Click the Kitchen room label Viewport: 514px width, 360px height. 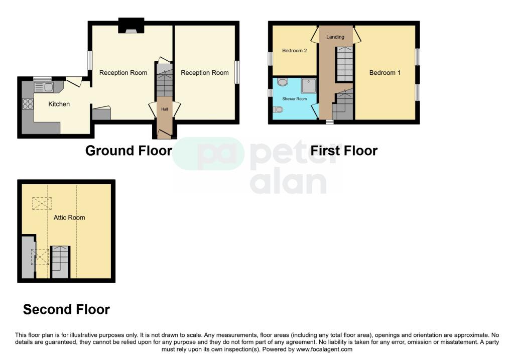coord(59,104)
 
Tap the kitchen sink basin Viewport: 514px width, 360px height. coord(48,87)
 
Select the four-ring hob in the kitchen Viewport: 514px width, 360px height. coord(28,104)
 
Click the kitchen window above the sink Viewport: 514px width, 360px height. coord(42,78)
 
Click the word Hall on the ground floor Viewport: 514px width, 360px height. coord(164,109)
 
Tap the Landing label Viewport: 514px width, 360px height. coord(335,37)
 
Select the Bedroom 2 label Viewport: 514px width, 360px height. coord(294,50)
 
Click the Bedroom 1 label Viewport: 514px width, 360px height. coord(384,73)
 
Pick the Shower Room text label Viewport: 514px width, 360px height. coord(294,99)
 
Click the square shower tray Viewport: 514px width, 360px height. coord(308,86)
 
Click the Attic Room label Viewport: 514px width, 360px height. coord(69,217)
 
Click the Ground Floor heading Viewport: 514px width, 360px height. coord(128,150)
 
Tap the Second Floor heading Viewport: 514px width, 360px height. coord(66,309)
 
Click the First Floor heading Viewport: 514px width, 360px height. coord(344,150)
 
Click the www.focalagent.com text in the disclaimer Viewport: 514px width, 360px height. coord(324,349)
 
